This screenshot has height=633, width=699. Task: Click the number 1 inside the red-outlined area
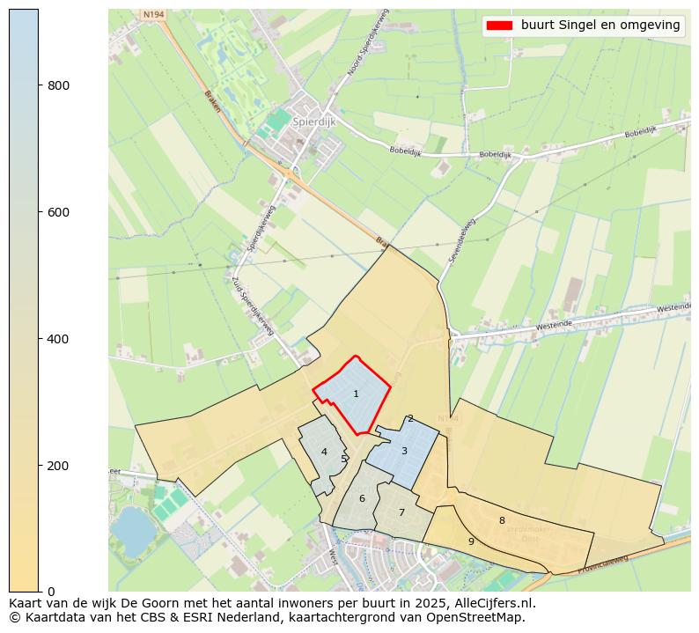pos(356,394)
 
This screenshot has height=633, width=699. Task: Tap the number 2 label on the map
pos(410,419)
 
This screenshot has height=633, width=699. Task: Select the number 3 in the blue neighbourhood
pos(404,452)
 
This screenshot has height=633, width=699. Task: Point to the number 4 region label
pos(324,453)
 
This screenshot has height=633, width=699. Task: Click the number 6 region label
pos(362,499)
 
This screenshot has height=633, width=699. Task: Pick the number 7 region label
pos(401,513)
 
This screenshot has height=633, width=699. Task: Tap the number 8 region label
pos(502,521)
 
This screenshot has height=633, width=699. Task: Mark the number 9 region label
pos(471,542)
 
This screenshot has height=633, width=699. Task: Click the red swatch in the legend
pos(499,26)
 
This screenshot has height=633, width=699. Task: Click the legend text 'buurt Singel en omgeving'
pos(600,26)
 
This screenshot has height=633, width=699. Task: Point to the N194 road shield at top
pos(152,15)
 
